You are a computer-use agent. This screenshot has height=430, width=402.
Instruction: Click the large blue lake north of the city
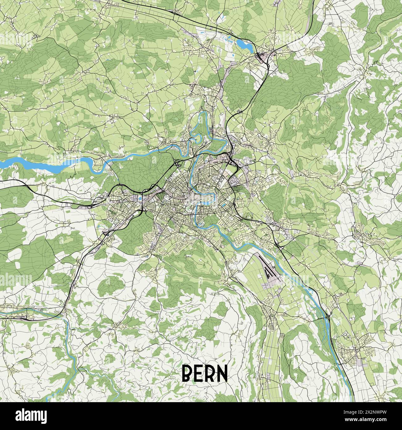click(244, 45)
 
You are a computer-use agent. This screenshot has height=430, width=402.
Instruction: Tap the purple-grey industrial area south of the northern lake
click(263, 58)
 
